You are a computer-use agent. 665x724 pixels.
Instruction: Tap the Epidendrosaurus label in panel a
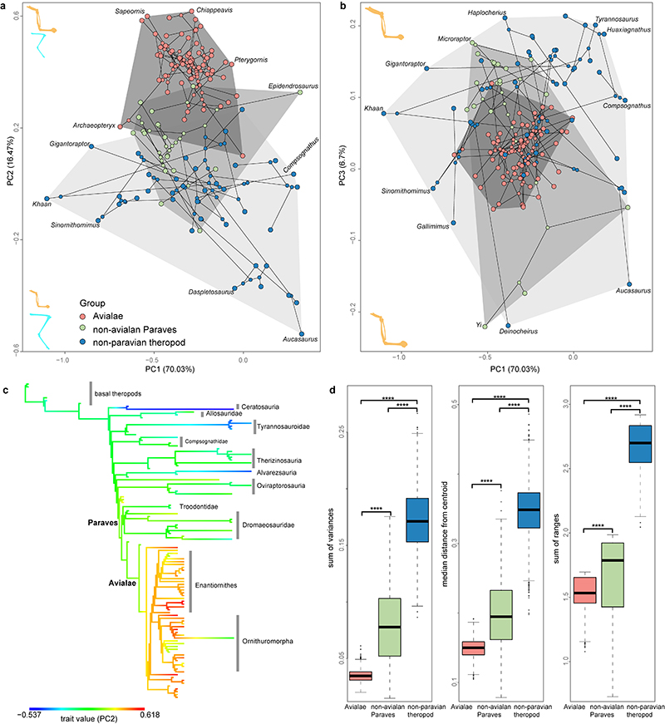(x=294, y=86)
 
